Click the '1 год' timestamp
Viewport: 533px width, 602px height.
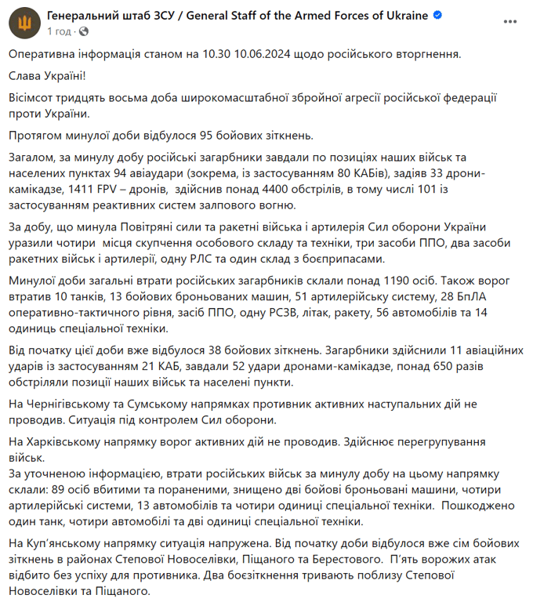pos(60,31)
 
